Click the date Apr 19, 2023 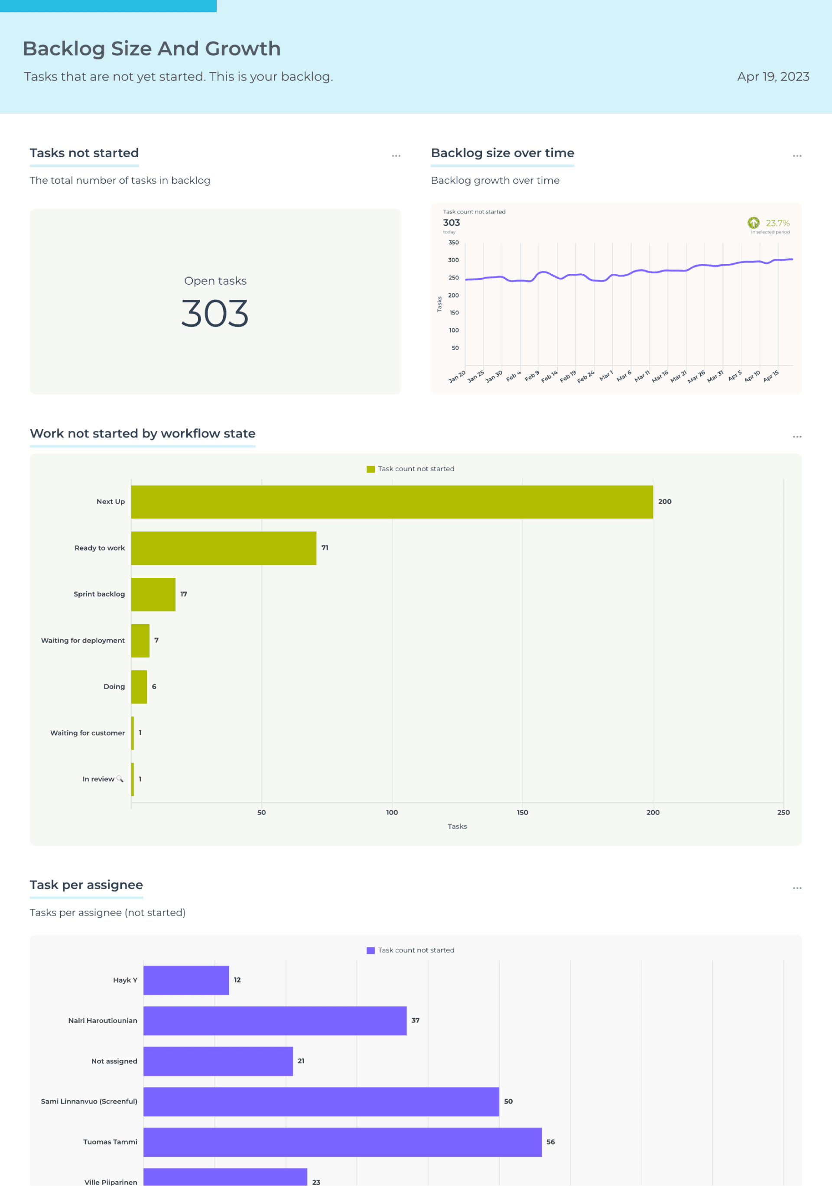click(773, 76)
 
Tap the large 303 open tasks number click(215, 314)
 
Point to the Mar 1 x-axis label click(606, 376)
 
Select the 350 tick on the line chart click(453, 242)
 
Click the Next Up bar click(392, 502)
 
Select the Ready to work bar click(223, 548)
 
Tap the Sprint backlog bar click(153, 594)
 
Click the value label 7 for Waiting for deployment click(156, 640)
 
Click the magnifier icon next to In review click(120, 778)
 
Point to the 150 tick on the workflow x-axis click(523, 812)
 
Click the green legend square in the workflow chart click(370, 469)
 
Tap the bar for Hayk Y click(186, 980)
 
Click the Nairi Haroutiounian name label click(102, 1020)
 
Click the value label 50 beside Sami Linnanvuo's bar click(508, 1101)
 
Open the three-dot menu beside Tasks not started click(396, 156)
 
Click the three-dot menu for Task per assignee click(797, 888)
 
